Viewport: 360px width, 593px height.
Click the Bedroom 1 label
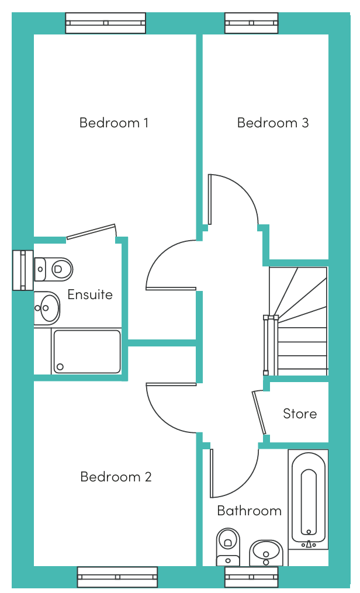[x=114, y=123]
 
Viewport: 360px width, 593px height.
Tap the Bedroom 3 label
[x=272, y=123]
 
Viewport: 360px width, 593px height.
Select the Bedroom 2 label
[x=116, y=477]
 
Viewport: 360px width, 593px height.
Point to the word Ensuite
[x=90, y=294]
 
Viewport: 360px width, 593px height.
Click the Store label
[x=300, y=414]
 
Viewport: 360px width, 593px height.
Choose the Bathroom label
[x=249, y=511]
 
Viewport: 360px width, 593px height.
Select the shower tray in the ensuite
[x=86, y=351]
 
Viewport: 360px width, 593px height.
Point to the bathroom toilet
[x=228, y=546]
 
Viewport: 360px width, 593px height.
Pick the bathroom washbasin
[x=266, y=552]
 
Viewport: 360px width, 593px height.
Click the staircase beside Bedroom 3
[x=298, y=321]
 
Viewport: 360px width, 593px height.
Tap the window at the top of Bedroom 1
[x=105, y=23]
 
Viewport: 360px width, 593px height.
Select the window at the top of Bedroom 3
[x=252, y=23]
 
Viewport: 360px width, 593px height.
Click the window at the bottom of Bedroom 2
[x=117, y=577]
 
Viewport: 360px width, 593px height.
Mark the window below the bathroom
[x=251, y=577]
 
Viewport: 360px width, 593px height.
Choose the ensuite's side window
[x=23, y=270]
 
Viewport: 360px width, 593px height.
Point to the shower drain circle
[x=60, y=367]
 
